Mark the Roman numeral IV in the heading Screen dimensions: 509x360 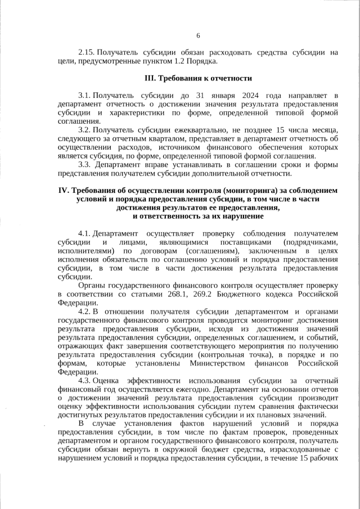[x=64, y=191]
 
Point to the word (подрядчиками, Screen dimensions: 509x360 [x=309, y=242]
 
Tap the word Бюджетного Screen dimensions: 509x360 [x=263, y=294]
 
